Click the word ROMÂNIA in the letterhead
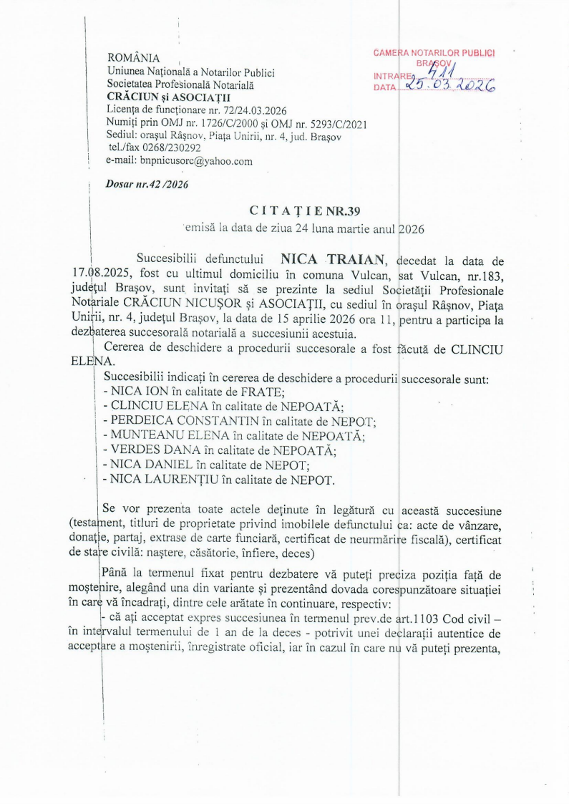[x=133, y=58]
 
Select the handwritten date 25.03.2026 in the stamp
[x=450, y=86]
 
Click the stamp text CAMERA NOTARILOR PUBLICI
[x=434, y=52]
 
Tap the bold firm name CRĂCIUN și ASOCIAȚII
[x=163, y=97]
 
